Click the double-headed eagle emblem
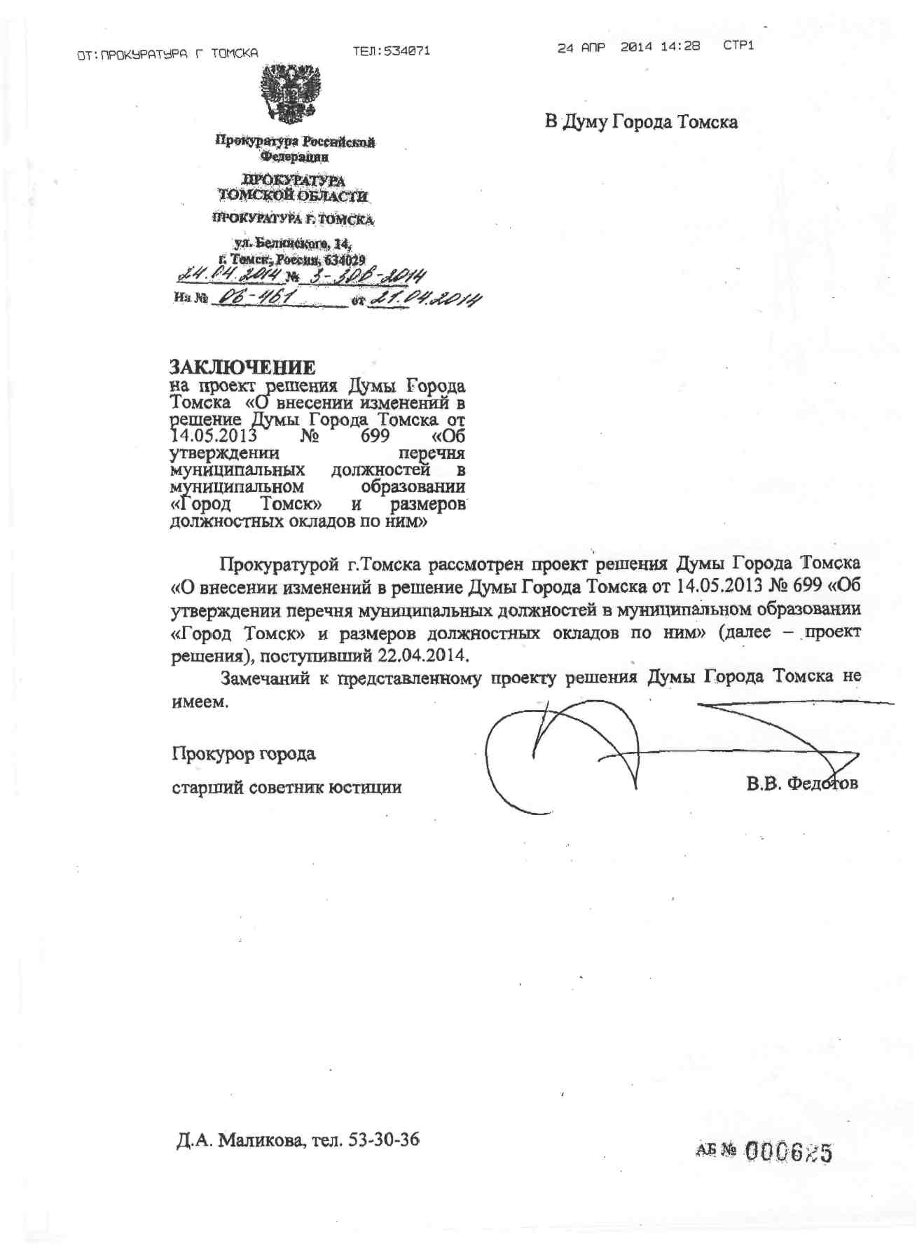(x=291, y=93)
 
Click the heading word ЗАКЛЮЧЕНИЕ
(x=242, y=367)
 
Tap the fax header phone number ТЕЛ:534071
(x=391, y=50)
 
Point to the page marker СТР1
(x=738, y=46)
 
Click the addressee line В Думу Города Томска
(x=641, y=122)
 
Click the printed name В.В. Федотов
(x=801, y=783)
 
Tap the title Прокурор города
(x=244, y=754)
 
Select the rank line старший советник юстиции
(x=287, y=787)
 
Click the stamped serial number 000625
(x=788, y=1151)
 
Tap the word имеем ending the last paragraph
(x=200, y=702)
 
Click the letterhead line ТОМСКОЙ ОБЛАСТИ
(x=292, y=196)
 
